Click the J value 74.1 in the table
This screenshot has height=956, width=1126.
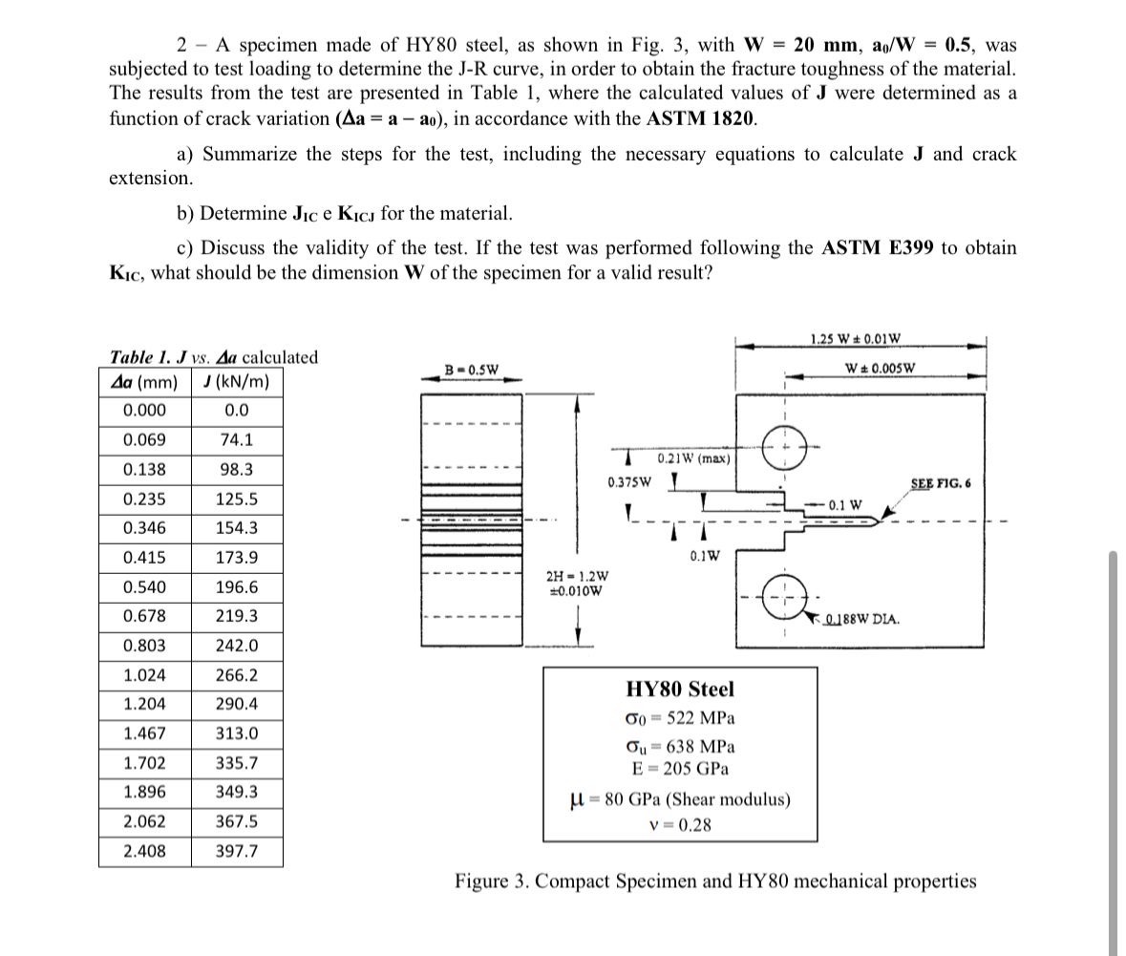pos(236,440)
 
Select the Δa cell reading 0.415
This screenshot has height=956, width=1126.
pos(144,558)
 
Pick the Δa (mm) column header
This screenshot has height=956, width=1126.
pos(144,383)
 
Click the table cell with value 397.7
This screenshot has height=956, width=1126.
pos(236,851)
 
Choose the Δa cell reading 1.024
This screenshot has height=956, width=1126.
pos(144,675)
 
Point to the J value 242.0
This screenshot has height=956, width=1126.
pos(236,646)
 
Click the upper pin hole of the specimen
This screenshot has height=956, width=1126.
pos(782,445)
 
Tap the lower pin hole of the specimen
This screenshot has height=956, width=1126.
pos(782,599)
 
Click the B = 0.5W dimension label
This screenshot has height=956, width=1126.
pos(472,369)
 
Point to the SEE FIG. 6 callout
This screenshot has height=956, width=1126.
pos(940,483)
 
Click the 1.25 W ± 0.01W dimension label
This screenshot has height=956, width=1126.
pos(855,338)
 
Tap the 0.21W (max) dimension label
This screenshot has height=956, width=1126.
pos(693,458)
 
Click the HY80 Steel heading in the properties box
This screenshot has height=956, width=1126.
pos(680,689)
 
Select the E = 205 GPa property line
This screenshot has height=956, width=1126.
pos(680,769)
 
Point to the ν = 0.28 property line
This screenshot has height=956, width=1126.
pos(680,824)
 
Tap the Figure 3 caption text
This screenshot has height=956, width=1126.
pos(715,881)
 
